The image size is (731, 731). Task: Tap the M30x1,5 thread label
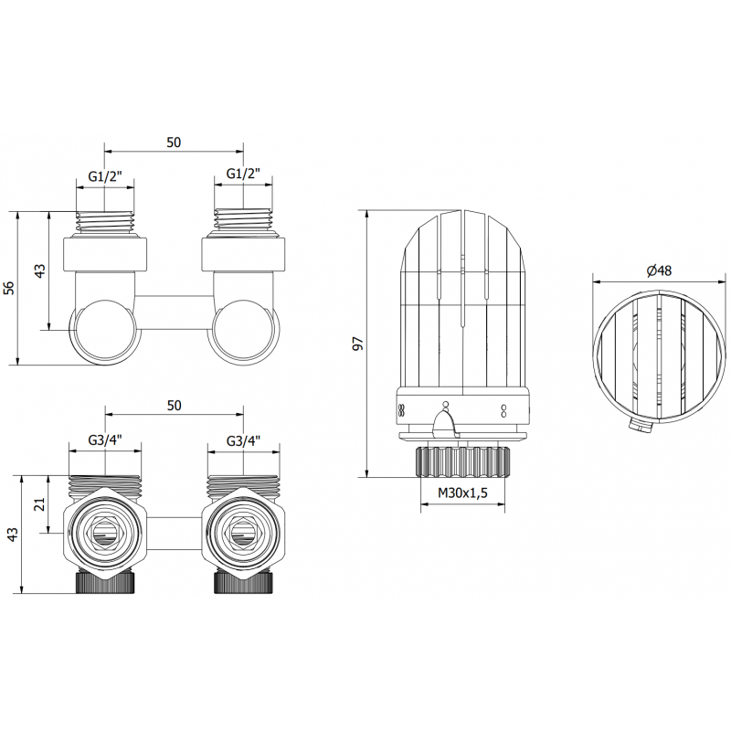(x=463, y=493)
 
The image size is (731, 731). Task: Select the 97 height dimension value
(x=358, y=344)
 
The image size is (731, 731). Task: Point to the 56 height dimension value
(x=10, y=288)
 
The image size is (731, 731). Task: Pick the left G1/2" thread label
(x=105, y=174)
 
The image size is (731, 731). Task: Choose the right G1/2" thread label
(x=243, y=174)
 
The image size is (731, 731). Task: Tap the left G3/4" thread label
(x=105, y=440)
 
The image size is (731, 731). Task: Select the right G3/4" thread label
(x=243, y=440)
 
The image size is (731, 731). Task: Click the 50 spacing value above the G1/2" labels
(x=174, y=142)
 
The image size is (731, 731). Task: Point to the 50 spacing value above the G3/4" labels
(x=174, y=405)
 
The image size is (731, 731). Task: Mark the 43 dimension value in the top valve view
(x=39, y=271)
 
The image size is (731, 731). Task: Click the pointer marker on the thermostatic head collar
(x=444, y=422)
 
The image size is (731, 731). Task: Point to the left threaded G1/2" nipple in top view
(x=105, y=220)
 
